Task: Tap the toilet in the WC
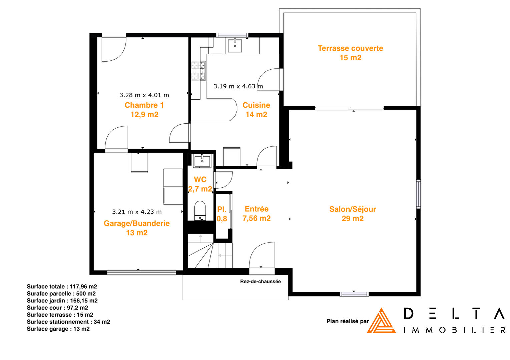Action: pyautogui.click(x=200, y=210)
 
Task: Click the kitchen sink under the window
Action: pyautogui.click(x=235, y=45)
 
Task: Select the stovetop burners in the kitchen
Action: pyautogui.click(x=198, y=71)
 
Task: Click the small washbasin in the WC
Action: pyautogui.click(x=202, y=160)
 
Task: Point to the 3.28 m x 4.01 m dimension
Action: pyautogui.click(x=144, y=95)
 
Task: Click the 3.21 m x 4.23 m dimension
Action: pyautogui.click(x=137, y=212)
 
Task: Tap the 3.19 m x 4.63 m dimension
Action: pyautogui.click(x=238, y=86)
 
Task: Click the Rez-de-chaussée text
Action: pyautogui.click(x=261, y=281)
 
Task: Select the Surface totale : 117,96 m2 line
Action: pyautogui.click(x=62, y=286)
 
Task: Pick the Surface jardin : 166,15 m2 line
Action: pyautogui.click(x=62, y=301)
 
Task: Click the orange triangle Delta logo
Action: pyautogui.click(x=381, y=321)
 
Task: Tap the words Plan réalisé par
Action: pyautogui.click(x=348, y=321)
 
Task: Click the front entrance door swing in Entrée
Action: pyautogui.click(x=262, y=255)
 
